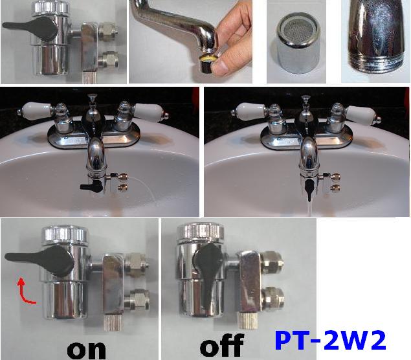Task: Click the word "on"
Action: [x=87, y=350]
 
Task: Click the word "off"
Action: [x=222, y=345]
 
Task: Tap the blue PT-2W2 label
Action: [x=330, y=341]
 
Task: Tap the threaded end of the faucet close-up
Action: [x=377, y=62]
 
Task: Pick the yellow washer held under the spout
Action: [x=208, y=58]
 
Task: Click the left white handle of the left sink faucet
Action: [x=36, y=110]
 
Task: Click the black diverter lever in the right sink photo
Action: [x=309, y=190]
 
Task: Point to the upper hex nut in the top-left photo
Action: [x=109, y=31]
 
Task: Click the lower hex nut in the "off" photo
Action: [x=274, y=298]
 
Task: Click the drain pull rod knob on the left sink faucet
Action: [x=91, y=98]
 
